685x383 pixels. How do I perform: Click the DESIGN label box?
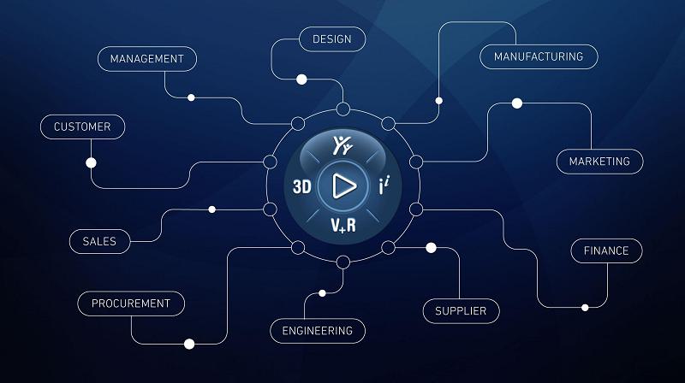click(x=332, y=39)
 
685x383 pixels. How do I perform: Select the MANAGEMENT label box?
click(x=147, y=59)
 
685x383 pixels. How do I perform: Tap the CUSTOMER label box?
click(x=82, y=127)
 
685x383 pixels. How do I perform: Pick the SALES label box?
click(x=99, y=241)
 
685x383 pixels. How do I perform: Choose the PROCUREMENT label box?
click(x=131, y=303)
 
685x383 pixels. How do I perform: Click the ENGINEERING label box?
click(x=318, y=331)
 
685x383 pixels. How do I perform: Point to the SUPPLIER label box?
click(x=461, y=311)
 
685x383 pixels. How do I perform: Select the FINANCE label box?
click(x=606, y=250)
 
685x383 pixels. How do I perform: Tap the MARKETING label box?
click(x=600, y=162)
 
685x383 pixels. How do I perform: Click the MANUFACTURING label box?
click(x=539, y=56)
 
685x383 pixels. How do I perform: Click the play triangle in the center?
click(x=344, y=186)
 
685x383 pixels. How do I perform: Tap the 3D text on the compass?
click(x=302, y=186)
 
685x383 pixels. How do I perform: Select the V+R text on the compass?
click(x=343, y=226)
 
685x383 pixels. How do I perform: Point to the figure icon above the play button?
click(x=342, y=145)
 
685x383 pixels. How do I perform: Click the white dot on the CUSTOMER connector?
click(x=91, y=162)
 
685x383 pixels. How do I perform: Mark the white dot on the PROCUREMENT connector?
click(x=189, y=344)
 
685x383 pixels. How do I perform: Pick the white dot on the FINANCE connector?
click(x=585, y=308)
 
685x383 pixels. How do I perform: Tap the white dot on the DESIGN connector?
click(x=301, y=80)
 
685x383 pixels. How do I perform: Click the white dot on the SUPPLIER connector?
click(x=432, y=248)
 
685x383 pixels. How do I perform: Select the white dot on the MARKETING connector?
click(x=517, y=103)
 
